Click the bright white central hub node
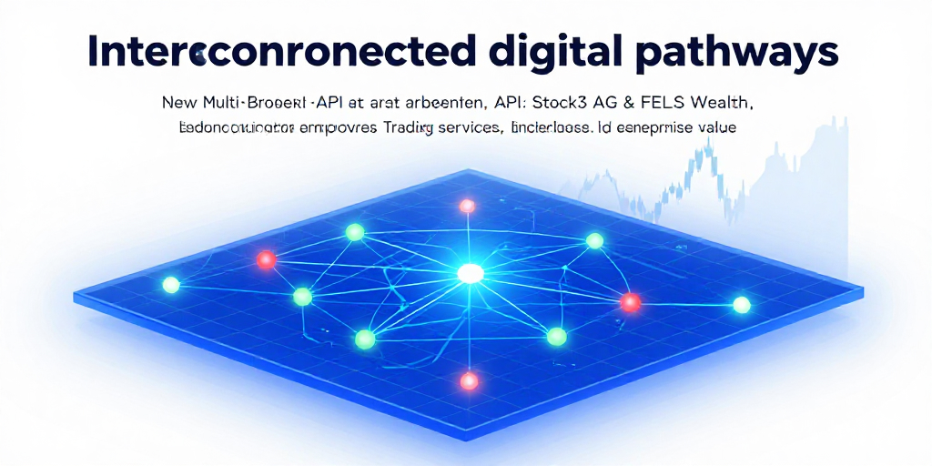[x=470, y=272]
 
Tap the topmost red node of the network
[x=468, y=206]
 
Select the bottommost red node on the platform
[x=469, y=380]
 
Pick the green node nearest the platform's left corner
[x=170, y=285]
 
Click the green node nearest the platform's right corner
[x=742, y=304]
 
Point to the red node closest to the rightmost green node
[x=630, y=301]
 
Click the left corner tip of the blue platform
[x=76, y=296]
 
